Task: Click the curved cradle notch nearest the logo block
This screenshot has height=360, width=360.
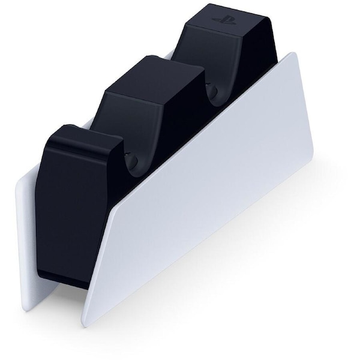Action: coord(211,90)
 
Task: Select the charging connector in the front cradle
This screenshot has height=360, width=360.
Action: coord(133,161)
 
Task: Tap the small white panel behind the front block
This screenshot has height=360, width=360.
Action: coord(28,240)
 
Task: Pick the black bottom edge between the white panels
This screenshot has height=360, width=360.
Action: coord(66,285)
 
